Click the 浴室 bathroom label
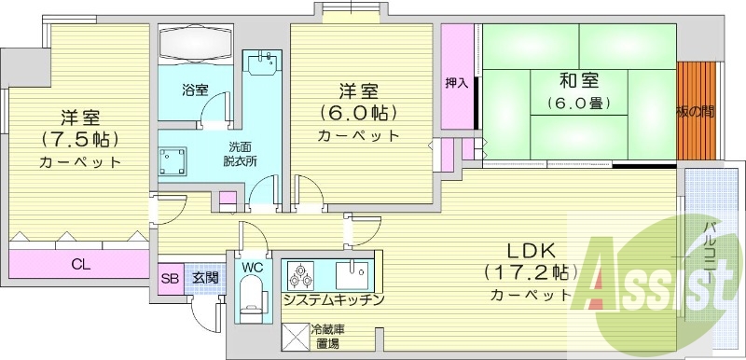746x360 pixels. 194,90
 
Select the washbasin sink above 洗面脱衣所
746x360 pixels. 261,68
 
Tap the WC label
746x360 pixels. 251,267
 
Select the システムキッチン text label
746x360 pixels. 331,300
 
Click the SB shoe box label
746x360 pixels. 171,277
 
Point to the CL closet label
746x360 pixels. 81,263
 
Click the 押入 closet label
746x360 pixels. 457,83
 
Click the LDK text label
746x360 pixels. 531,250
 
